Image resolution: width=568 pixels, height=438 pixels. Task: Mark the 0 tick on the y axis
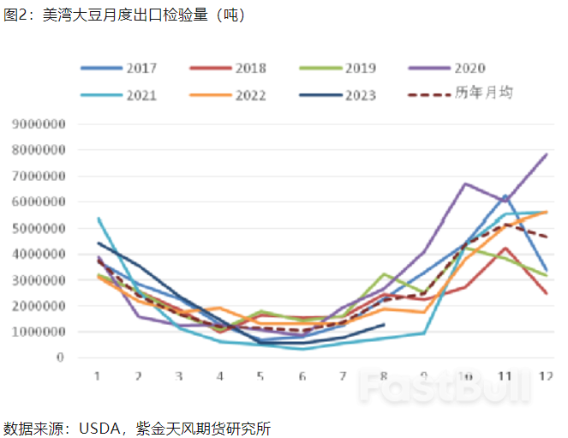tap(63, 357)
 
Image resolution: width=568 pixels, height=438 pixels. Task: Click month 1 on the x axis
tap(98, 375)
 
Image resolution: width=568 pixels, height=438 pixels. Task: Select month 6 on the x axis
tap(301, 375)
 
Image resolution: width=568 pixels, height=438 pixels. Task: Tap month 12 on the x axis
tap(543, 375)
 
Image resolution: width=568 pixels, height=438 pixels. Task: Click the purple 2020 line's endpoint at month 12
tap(546, 155)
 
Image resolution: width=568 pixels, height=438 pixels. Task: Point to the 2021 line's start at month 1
tap(98, 219)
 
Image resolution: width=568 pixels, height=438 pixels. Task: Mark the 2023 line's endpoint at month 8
tap(383, 324)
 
